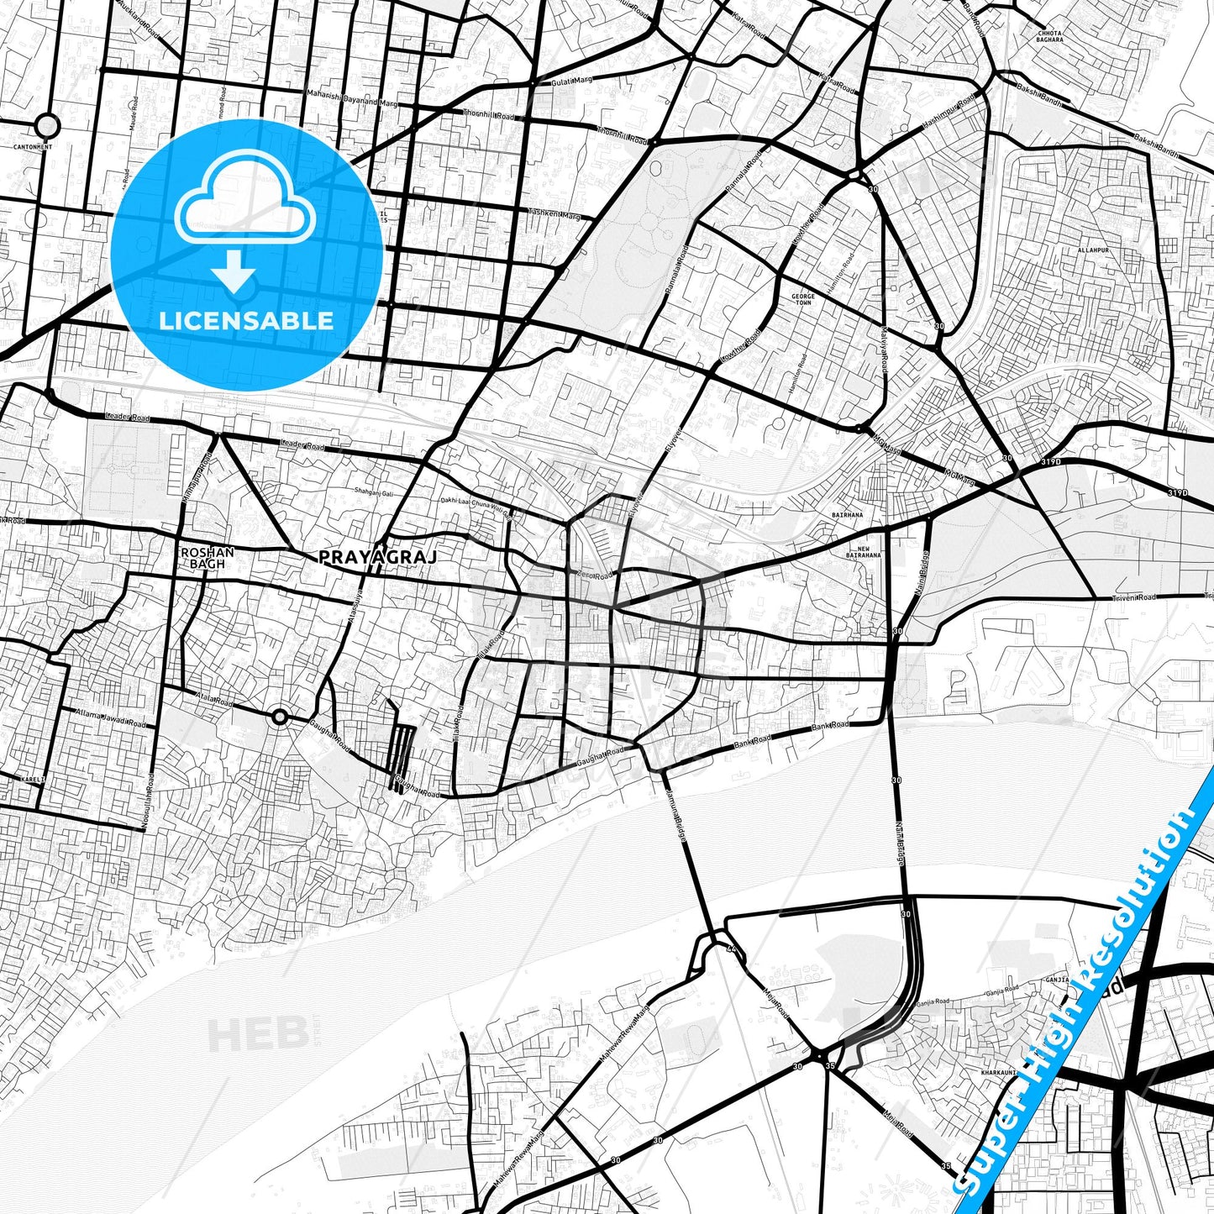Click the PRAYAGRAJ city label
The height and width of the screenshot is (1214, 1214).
[378, 556]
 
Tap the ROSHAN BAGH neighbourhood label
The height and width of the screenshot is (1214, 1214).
[207, 559]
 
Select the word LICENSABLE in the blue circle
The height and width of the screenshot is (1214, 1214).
[246, 320]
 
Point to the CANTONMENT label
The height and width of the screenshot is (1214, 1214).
[33, 147]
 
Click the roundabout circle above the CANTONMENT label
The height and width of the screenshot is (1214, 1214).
[48, 127]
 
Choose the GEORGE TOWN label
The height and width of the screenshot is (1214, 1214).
[802, 301]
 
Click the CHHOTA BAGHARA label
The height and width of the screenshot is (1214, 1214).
[1049, 36]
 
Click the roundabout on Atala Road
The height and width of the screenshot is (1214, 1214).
[280, 717]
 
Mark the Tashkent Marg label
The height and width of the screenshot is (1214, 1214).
[554, 213]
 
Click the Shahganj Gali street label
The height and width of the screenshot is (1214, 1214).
[374, 492]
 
